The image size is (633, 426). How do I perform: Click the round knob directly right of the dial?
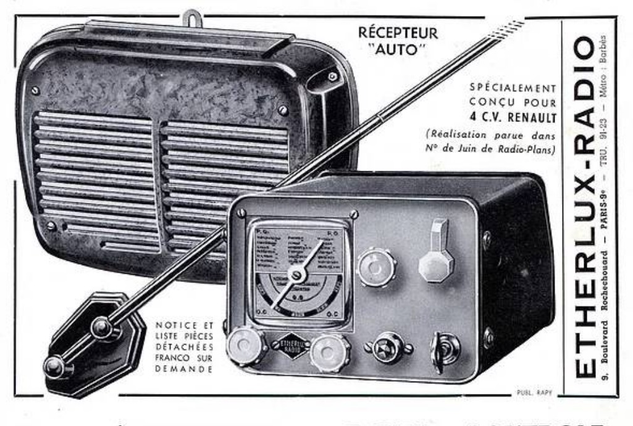click(x=376, y=267)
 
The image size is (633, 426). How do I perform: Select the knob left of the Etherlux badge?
click(x=246, y=346)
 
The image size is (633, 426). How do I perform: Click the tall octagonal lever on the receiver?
click(x=436, y=252)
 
